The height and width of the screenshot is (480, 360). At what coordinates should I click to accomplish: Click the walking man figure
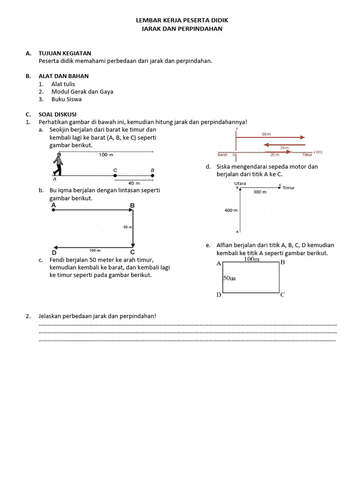58,165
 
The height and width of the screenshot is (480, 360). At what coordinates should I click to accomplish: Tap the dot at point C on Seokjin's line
115,176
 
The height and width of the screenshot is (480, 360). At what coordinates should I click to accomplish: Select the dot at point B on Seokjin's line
152,176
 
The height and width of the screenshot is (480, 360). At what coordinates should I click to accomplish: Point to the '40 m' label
134,183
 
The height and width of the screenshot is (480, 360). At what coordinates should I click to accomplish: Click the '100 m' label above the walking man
106,155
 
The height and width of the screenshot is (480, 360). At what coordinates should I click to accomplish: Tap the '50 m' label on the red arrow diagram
266,134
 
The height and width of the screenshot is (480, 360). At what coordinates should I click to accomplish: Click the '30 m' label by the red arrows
284,148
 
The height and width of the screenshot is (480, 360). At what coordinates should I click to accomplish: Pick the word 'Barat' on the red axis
223,154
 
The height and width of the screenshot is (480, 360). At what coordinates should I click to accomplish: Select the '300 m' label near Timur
260,192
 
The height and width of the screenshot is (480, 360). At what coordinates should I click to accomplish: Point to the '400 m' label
231,210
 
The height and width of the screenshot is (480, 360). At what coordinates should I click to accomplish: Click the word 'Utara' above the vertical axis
240,183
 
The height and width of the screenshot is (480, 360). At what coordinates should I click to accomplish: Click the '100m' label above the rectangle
252,259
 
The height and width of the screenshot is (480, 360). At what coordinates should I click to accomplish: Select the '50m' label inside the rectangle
229,278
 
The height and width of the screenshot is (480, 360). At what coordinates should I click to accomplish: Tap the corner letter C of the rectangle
282,295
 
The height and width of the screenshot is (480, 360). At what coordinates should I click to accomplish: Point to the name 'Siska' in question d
224,166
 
